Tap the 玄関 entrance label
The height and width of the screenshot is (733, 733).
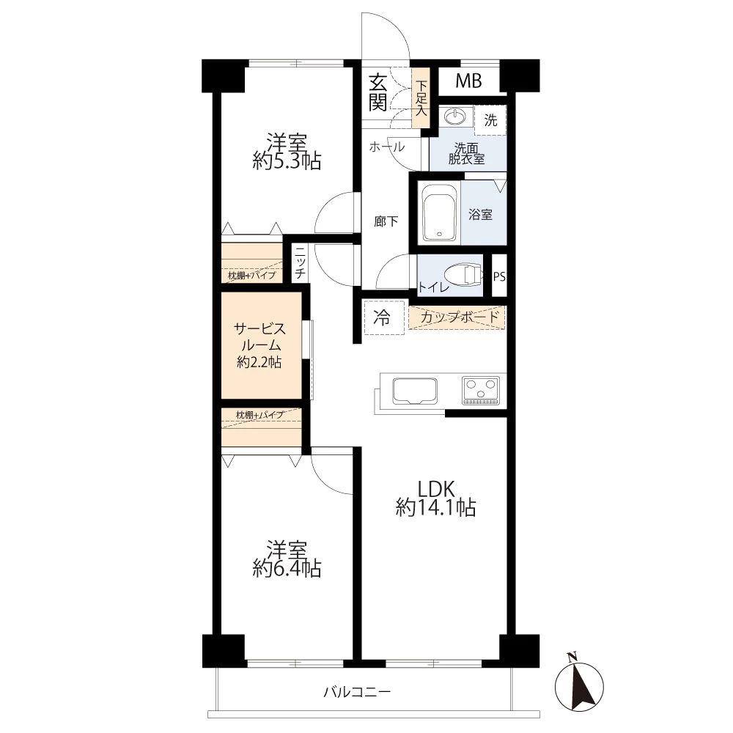[377, 93]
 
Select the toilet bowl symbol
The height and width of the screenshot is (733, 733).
[463, 276]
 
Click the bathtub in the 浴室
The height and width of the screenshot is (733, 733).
[439, 213]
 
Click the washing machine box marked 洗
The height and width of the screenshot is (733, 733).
[490, 120]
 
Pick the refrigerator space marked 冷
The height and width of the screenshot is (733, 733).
[384, 318]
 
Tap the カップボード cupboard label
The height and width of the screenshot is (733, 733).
[460, 317]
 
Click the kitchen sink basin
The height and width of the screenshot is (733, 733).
[415, 391]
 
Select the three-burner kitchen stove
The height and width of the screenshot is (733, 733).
[481, 390]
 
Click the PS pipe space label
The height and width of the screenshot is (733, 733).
[499, 277]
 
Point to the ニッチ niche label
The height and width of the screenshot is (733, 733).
[300, 262]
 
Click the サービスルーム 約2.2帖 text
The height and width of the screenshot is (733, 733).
[259, 345]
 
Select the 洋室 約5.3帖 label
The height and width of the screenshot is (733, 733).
[287, 152]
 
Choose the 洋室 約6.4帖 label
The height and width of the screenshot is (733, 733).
[287, 559]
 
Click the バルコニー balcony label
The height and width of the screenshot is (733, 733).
[357, 691]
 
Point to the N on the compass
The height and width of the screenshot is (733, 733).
[571, 657]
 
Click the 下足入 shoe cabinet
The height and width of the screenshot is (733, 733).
[421, 98]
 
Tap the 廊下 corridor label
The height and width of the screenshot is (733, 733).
[386, 221]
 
